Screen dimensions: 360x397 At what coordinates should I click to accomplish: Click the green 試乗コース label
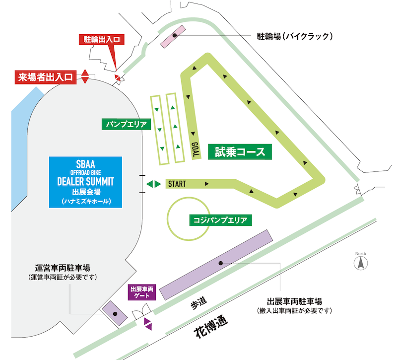(241, 152)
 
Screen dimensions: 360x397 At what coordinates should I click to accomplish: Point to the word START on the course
(177, 184)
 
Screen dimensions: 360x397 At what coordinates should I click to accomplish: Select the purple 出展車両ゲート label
(143, 292)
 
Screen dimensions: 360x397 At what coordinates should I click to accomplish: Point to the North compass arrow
(361, 262)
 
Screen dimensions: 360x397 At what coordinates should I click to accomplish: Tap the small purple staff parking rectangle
(114, 313)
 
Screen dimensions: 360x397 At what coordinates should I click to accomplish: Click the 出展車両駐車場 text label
(294, 301)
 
